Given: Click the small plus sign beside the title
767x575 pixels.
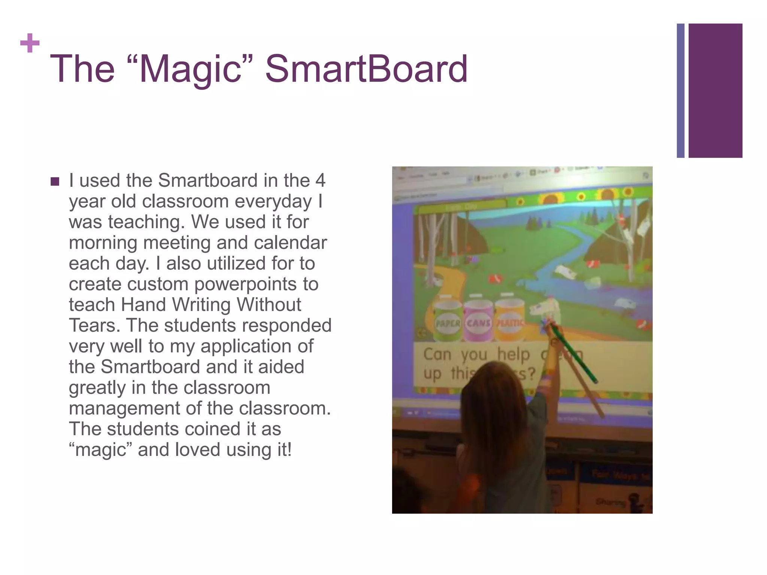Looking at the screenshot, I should click(x=30, y=43).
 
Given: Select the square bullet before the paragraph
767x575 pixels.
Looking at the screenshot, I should click(x=55, y=182).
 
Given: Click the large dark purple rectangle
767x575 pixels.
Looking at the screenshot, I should click(x=715, y=91).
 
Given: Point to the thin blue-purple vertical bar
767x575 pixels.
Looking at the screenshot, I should click(x=680, y=91).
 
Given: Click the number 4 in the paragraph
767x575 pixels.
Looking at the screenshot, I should click(x=320, y=180).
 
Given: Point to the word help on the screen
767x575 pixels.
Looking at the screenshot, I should click(x=513, y=355).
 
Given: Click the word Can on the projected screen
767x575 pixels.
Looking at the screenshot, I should click(x=437, y=354).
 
